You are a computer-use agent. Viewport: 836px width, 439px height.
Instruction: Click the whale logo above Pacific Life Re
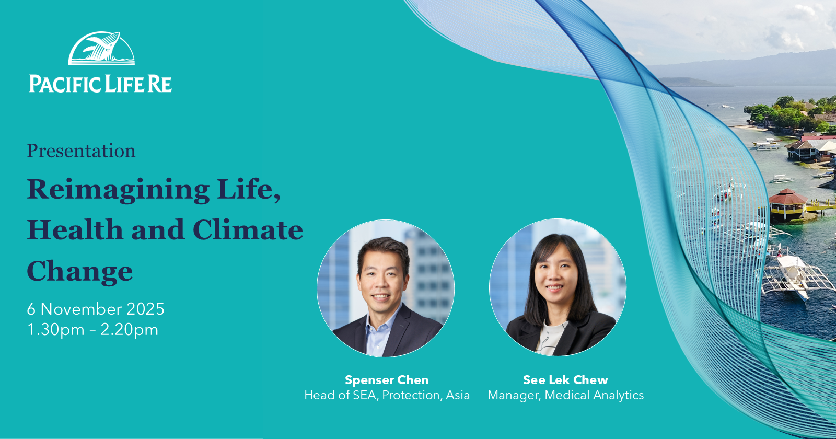[x=101, y=49]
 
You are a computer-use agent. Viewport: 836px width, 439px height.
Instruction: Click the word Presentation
[x=81, y=151]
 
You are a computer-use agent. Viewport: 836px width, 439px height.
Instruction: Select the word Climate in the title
[x=248, y=229]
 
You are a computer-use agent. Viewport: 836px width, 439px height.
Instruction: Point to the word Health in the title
[x=75, y=229]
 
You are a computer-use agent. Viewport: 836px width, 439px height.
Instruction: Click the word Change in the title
[x=80, y=271]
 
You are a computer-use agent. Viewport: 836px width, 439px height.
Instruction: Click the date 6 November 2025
[x=96, y=309]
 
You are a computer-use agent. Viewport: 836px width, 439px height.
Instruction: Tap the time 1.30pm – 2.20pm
[x=92, y=330]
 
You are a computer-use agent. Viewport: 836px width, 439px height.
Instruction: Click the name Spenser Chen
[x=387, y=380]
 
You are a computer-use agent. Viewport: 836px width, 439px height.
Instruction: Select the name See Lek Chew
[x=565, y=380]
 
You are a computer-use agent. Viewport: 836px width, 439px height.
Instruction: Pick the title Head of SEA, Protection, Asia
[x=387, y=395]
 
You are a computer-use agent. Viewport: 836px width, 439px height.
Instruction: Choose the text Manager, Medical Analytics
[x=566, y=395]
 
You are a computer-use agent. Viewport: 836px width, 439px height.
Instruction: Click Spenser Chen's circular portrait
[x=386, y=288]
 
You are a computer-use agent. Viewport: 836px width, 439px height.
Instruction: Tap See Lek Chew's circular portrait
[x=558, y=287]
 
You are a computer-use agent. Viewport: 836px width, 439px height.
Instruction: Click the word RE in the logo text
[x=159, y=84]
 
